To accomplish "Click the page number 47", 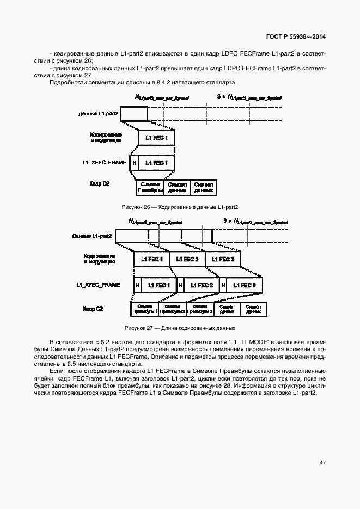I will pyautogui.click(x=322, y=462).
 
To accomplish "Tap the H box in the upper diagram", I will pyautogui.click(x=134, y=163).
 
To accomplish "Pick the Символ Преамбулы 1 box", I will pyautogui.click(x=144, y=309).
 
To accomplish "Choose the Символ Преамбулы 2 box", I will pyautogui.click(x=172, y=309).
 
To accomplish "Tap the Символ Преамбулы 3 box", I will pyautogui.click(x=199, y=309).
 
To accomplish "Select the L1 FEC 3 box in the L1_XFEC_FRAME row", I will pyautogui.click(x=245, y=285).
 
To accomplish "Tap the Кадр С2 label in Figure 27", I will pyautogui.click(x=93, y=309).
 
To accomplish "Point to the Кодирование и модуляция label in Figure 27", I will pyautogui.click(x=99, y=259).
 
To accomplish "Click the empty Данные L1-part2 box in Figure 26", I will pyautogui.click(x=134, y=114).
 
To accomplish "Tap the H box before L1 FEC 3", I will pyautogui.click(x=222, y=285).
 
